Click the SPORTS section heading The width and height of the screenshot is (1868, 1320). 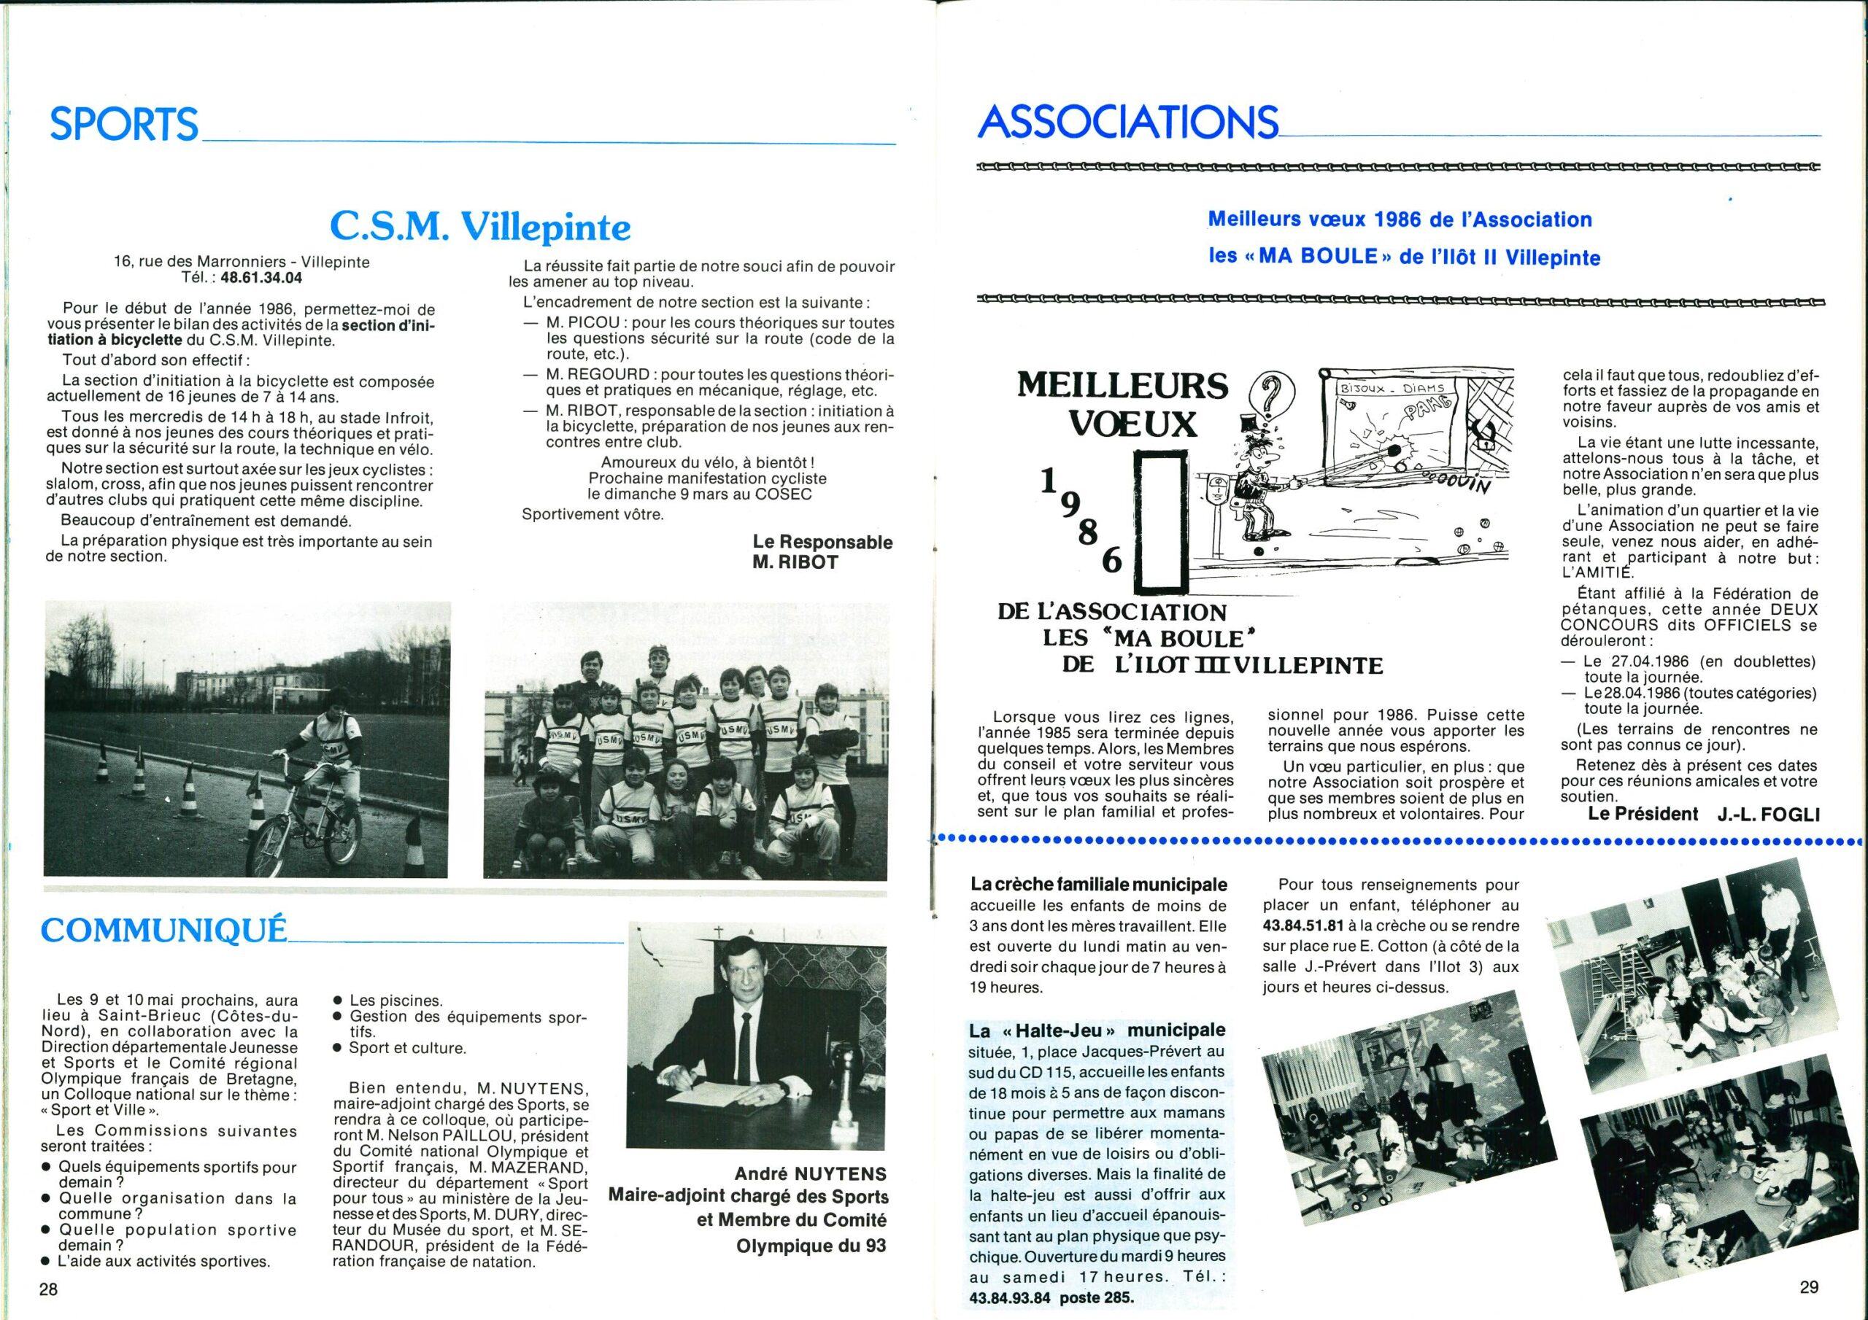tap(123, 125)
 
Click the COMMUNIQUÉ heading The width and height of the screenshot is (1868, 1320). tap(163, 931)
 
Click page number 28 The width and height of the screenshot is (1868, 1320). tap(49, 1289)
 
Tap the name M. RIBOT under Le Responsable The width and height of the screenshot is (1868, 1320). tap(795, 562)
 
